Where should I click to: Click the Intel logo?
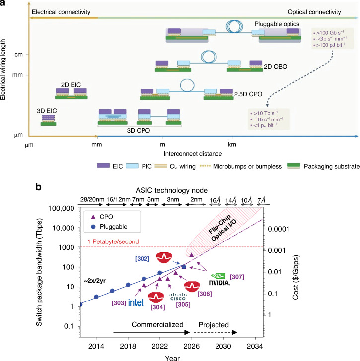click(x=136, y=302)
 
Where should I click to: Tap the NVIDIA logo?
click(x=219, y=279)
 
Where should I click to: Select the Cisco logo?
click(x=178, y=297)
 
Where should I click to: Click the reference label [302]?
click(x=142, y=259)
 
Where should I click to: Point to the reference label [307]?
click(x=237, y=277)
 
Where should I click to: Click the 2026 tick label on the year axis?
click(x=191, y=346)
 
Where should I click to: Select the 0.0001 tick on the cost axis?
click(x=279, y=229)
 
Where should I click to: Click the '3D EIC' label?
click(x=47, y=111)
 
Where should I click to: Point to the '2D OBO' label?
click(x=276, y=67)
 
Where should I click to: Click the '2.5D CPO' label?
click(x=248, y=94)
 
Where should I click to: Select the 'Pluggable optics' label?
click(x=277, y=24)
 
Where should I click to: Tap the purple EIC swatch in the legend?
click(x=103, y=166)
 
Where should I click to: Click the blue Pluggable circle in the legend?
click(x=93, y=227)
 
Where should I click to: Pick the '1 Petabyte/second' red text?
click(x=113, y=242)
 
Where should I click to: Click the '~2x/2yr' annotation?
click(x=95, y=281)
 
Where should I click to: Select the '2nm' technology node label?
click(x=196, y=199)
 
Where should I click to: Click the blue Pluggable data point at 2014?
click(x=96, y=297)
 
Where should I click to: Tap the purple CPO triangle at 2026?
click(x=191, y=255)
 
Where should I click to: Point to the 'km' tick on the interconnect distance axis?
click(x=232, y=145)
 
